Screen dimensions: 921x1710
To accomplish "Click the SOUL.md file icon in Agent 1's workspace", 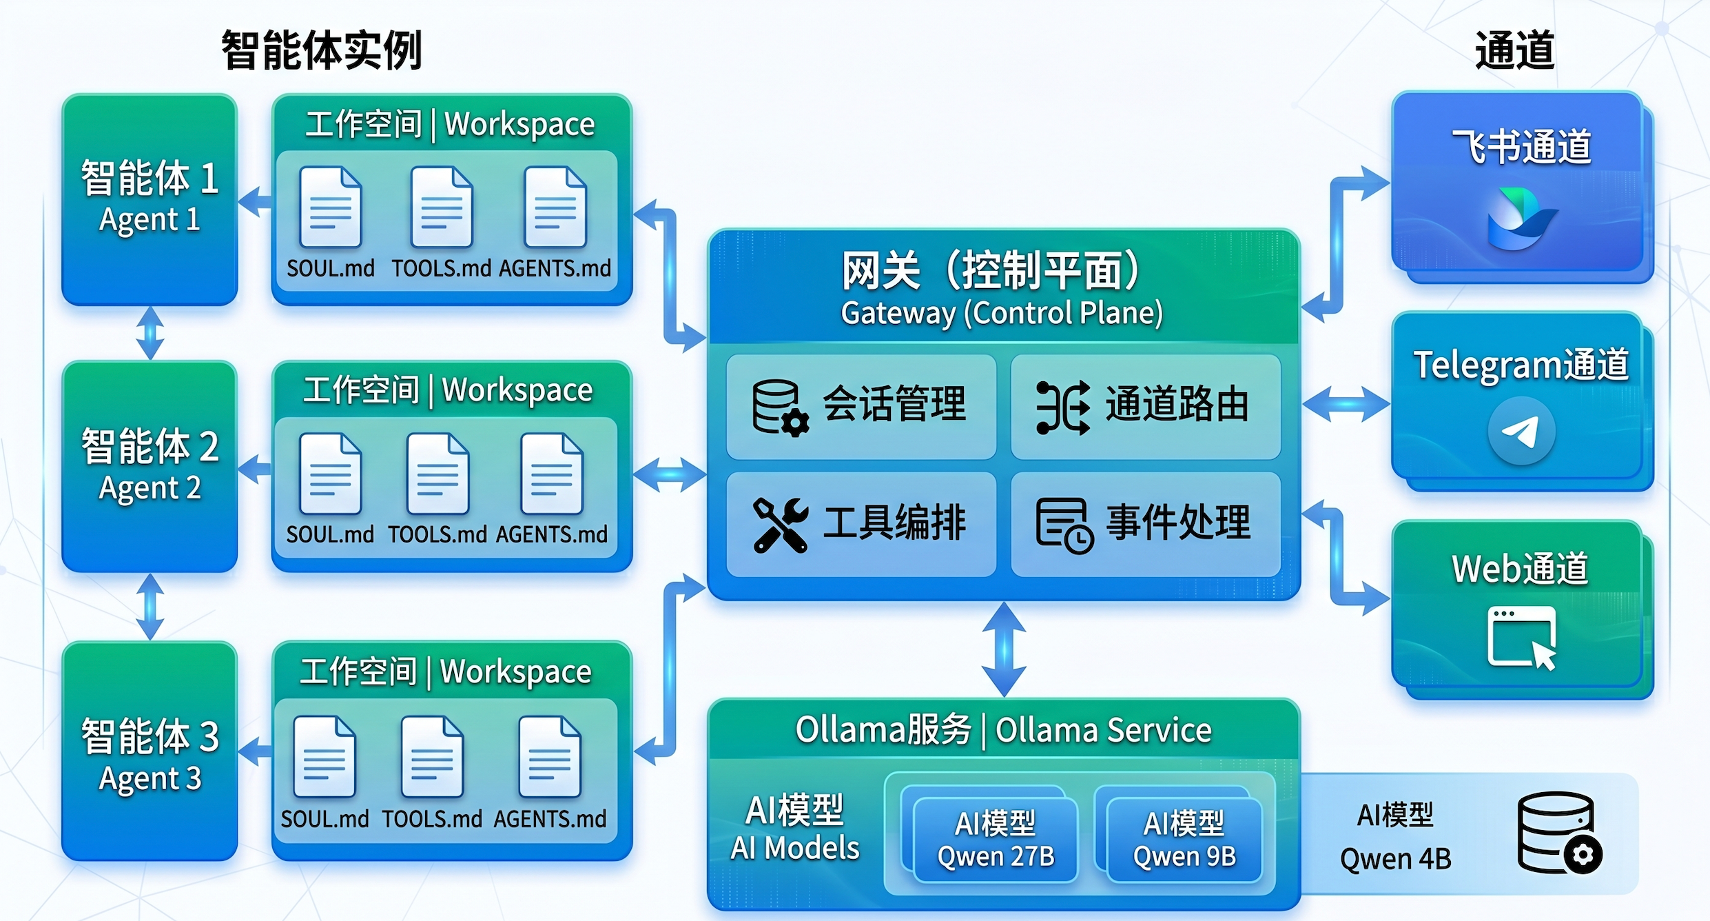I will (x=331, y=207).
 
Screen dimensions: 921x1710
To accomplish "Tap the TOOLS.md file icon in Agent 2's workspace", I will (x=438, y=474).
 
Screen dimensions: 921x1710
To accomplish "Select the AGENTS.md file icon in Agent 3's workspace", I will (x=550, y=757).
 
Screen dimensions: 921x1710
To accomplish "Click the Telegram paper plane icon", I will (x=1521, y=432).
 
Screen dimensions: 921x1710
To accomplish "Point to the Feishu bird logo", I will (x=1521, y=218).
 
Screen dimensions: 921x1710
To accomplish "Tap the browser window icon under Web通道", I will (x=1521, y=637).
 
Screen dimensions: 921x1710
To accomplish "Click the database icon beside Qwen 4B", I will (x=1559, y=833).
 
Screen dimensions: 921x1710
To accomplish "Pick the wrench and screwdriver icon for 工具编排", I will (x=781, y=525).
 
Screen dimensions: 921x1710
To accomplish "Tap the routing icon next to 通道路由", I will (x=1063, y=407).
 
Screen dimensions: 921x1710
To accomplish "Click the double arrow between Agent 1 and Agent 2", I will (x=150, y=334).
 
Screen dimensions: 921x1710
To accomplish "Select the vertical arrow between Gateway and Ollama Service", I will (x=1004, y=649).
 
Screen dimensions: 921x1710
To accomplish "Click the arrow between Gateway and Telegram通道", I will (x=1346, y=404).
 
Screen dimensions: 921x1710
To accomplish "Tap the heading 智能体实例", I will (x=321, y=50).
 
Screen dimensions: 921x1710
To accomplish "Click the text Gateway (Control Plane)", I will (x=1002, y=313).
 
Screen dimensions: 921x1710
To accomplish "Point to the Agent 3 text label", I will (x=150, y=779).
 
